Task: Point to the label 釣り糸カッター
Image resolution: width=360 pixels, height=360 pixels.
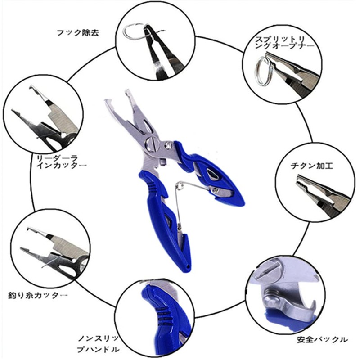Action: click(x=37, y=296)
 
